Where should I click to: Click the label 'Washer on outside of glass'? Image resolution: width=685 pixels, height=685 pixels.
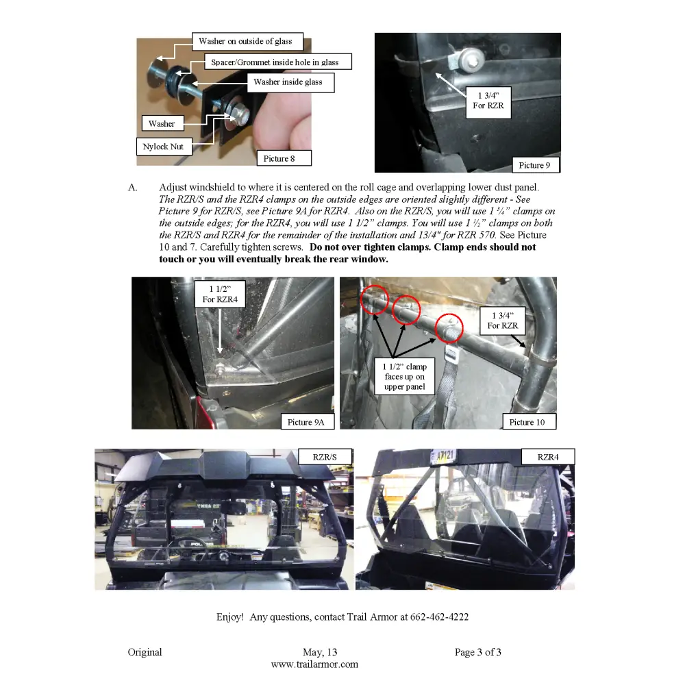(x=245, y=42)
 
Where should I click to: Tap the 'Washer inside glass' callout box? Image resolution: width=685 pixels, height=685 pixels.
(x=288, y=82)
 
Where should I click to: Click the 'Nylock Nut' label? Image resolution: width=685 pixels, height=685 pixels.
(x=163, y=147)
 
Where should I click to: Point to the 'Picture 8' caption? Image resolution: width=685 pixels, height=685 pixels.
(x=279, y=158)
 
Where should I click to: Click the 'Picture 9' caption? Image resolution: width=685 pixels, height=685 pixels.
(x=534, y=165)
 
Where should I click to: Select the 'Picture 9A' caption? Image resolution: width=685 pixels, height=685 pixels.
(x=306, y=422)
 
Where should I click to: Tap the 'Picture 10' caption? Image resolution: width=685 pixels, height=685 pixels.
(x=527, y=422)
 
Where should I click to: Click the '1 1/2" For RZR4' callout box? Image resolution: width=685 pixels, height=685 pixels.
(x=220, y=294)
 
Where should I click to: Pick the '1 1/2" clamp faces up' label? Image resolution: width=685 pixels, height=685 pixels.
(x=405, y=377)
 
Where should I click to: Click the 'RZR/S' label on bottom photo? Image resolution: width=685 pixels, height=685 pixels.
(x=325, y=456)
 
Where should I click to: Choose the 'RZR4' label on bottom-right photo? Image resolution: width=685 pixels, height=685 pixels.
(x=547, y=456)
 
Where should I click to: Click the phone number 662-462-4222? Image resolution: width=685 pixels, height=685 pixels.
(x=439, y=617)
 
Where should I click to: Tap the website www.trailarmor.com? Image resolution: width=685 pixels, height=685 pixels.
(x=314, y=664)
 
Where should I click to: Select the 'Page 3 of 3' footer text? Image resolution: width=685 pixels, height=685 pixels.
(x=477, y=652)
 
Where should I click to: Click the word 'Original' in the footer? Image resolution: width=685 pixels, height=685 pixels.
(x=145, y=652)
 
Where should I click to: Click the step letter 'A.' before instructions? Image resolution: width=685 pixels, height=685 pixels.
(x=133, y=187)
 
